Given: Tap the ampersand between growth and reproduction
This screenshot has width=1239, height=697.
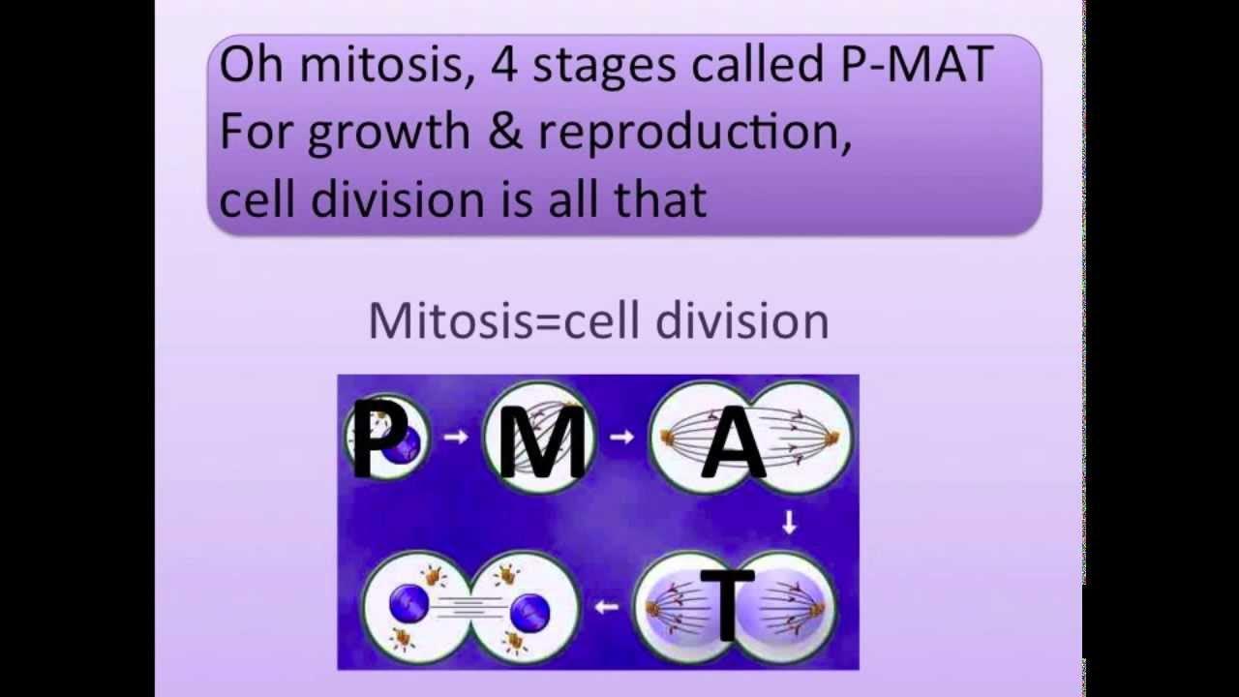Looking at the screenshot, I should pyautogui.click(x=504, y=132).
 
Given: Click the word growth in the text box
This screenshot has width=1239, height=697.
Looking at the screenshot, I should pyautogui.click(x=389, y=134).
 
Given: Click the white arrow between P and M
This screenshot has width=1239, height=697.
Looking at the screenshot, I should pyautogui.click(x=454, y=437).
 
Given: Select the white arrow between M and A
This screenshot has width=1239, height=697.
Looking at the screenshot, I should pyautogui.click(x=620, y=437).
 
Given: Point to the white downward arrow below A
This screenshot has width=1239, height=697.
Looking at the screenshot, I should pyautogui.click(x=789, y=523).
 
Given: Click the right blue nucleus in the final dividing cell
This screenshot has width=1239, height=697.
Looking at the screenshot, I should pyautogui.click(x=529, y=610).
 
